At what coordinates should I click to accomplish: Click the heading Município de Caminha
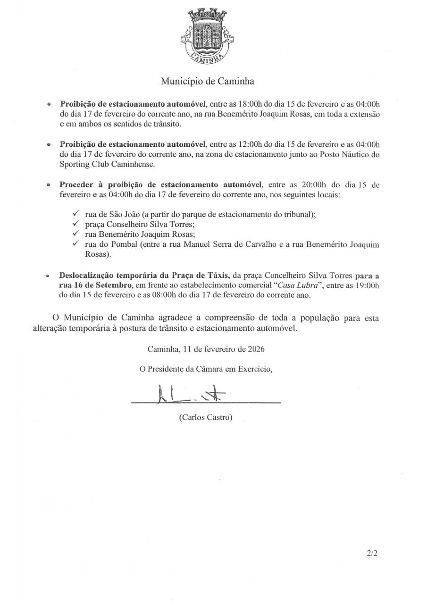(208, 81)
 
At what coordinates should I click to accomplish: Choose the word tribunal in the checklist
(300, 214)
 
